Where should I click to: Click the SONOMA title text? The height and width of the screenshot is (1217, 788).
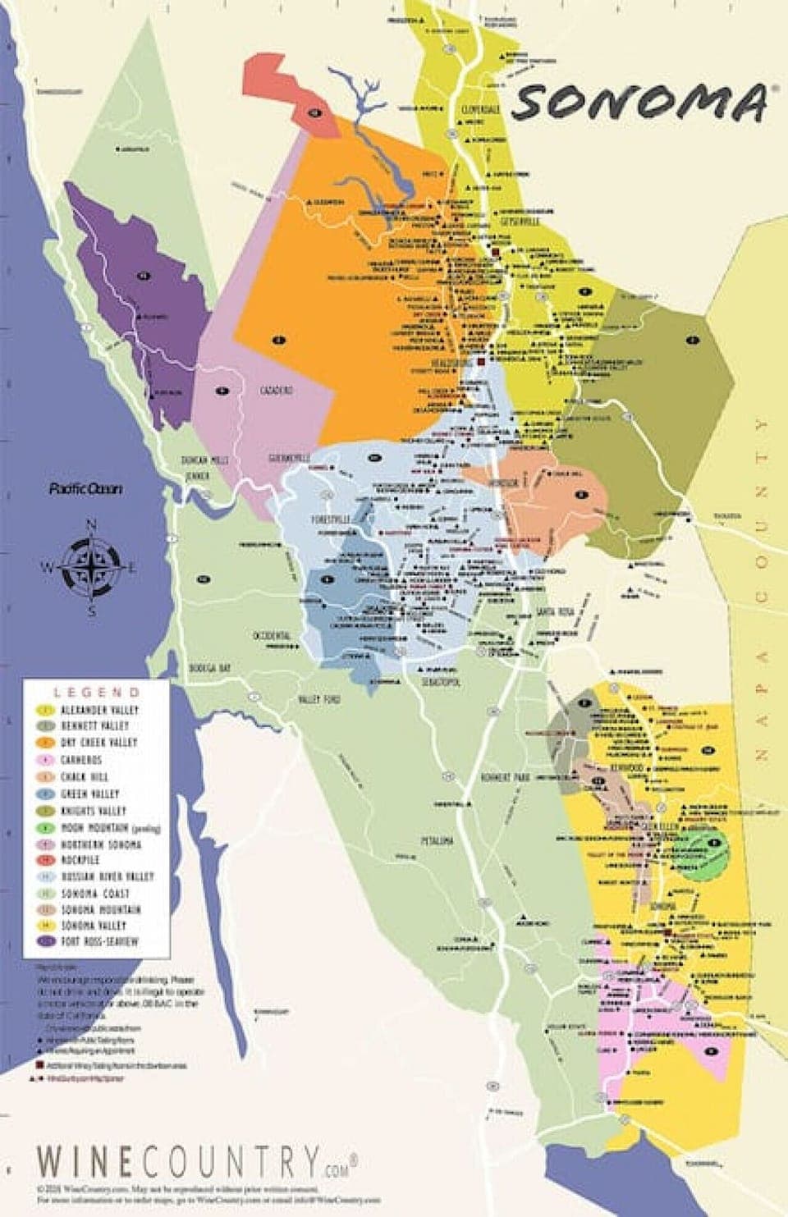coord(640,102)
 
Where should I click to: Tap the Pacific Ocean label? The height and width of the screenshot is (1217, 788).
coord(85,489)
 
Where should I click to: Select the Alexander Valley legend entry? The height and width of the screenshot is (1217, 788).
coord(98,710)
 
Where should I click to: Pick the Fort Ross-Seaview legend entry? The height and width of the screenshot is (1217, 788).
coord(99,941)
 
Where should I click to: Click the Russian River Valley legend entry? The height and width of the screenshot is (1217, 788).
coord(107,876)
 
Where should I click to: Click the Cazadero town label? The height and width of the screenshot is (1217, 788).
coord(276,391)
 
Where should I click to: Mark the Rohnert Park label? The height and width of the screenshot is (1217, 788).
coord(507,777)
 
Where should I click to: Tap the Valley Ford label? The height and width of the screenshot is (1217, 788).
coord(318,699)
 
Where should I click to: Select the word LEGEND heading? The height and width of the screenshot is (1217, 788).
coord(97,693)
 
